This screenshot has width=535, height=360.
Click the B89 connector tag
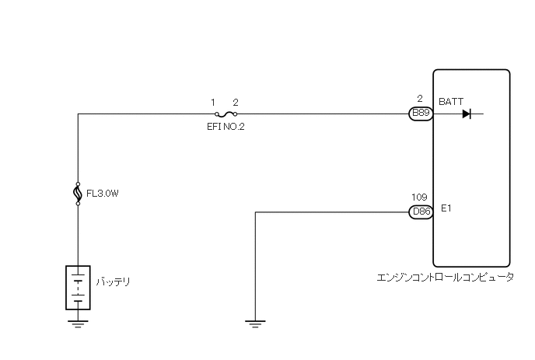[x=421, y=114]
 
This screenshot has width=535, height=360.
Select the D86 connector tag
[x=421, y=211]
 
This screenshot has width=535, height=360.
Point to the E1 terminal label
[x=446, y=208]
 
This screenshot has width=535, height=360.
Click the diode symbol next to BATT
[x=467, y=114]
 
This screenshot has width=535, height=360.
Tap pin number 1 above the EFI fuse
[x=213, y=102]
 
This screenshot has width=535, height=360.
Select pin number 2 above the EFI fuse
[x=236, y=102]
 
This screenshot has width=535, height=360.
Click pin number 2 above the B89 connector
[x=419, y=99]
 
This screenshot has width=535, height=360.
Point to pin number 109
[x=419, y=197]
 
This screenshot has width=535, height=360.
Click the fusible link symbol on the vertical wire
[x=79, y=191]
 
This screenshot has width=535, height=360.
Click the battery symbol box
[x=79, y=288]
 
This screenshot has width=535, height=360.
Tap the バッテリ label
[x=112, y=281]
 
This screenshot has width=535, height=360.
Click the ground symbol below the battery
[x=79, y=323]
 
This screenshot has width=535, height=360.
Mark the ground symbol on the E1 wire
[x=255, y=323]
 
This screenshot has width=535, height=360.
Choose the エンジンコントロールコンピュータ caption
[x=444, y=278]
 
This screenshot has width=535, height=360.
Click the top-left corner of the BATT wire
[x=79, y=114]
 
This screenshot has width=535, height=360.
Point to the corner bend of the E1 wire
[x=255, y=211]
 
